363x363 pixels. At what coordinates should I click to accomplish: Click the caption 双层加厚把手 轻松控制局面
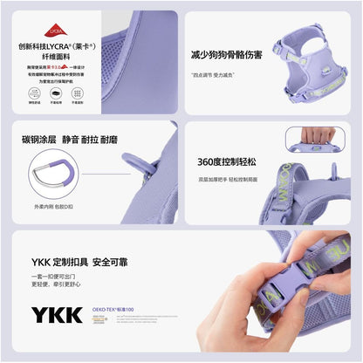point(227,179)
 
